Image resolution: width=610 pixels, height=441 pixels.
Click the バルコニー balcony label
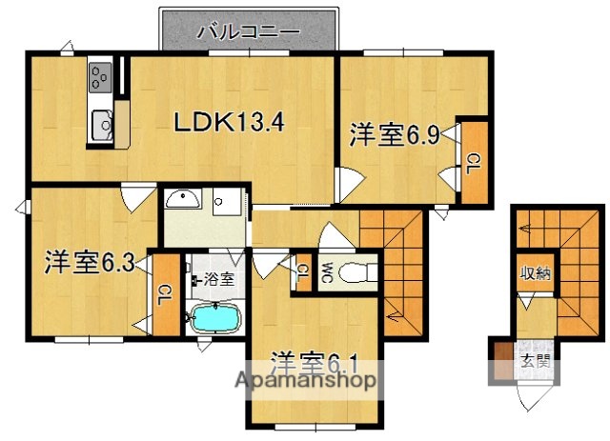(x=248, y=31)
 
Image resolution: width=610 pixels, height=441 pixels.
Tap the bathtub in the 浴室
(x=215, y=316)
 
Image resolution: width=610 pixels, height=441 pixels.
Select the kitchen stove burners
(x=101, y=75)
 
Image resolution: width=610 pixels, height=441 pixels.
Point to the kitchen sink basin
(x=100, y=123)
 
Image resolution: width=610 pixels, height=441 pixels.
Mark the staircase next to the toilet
(x=393, y=257)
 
